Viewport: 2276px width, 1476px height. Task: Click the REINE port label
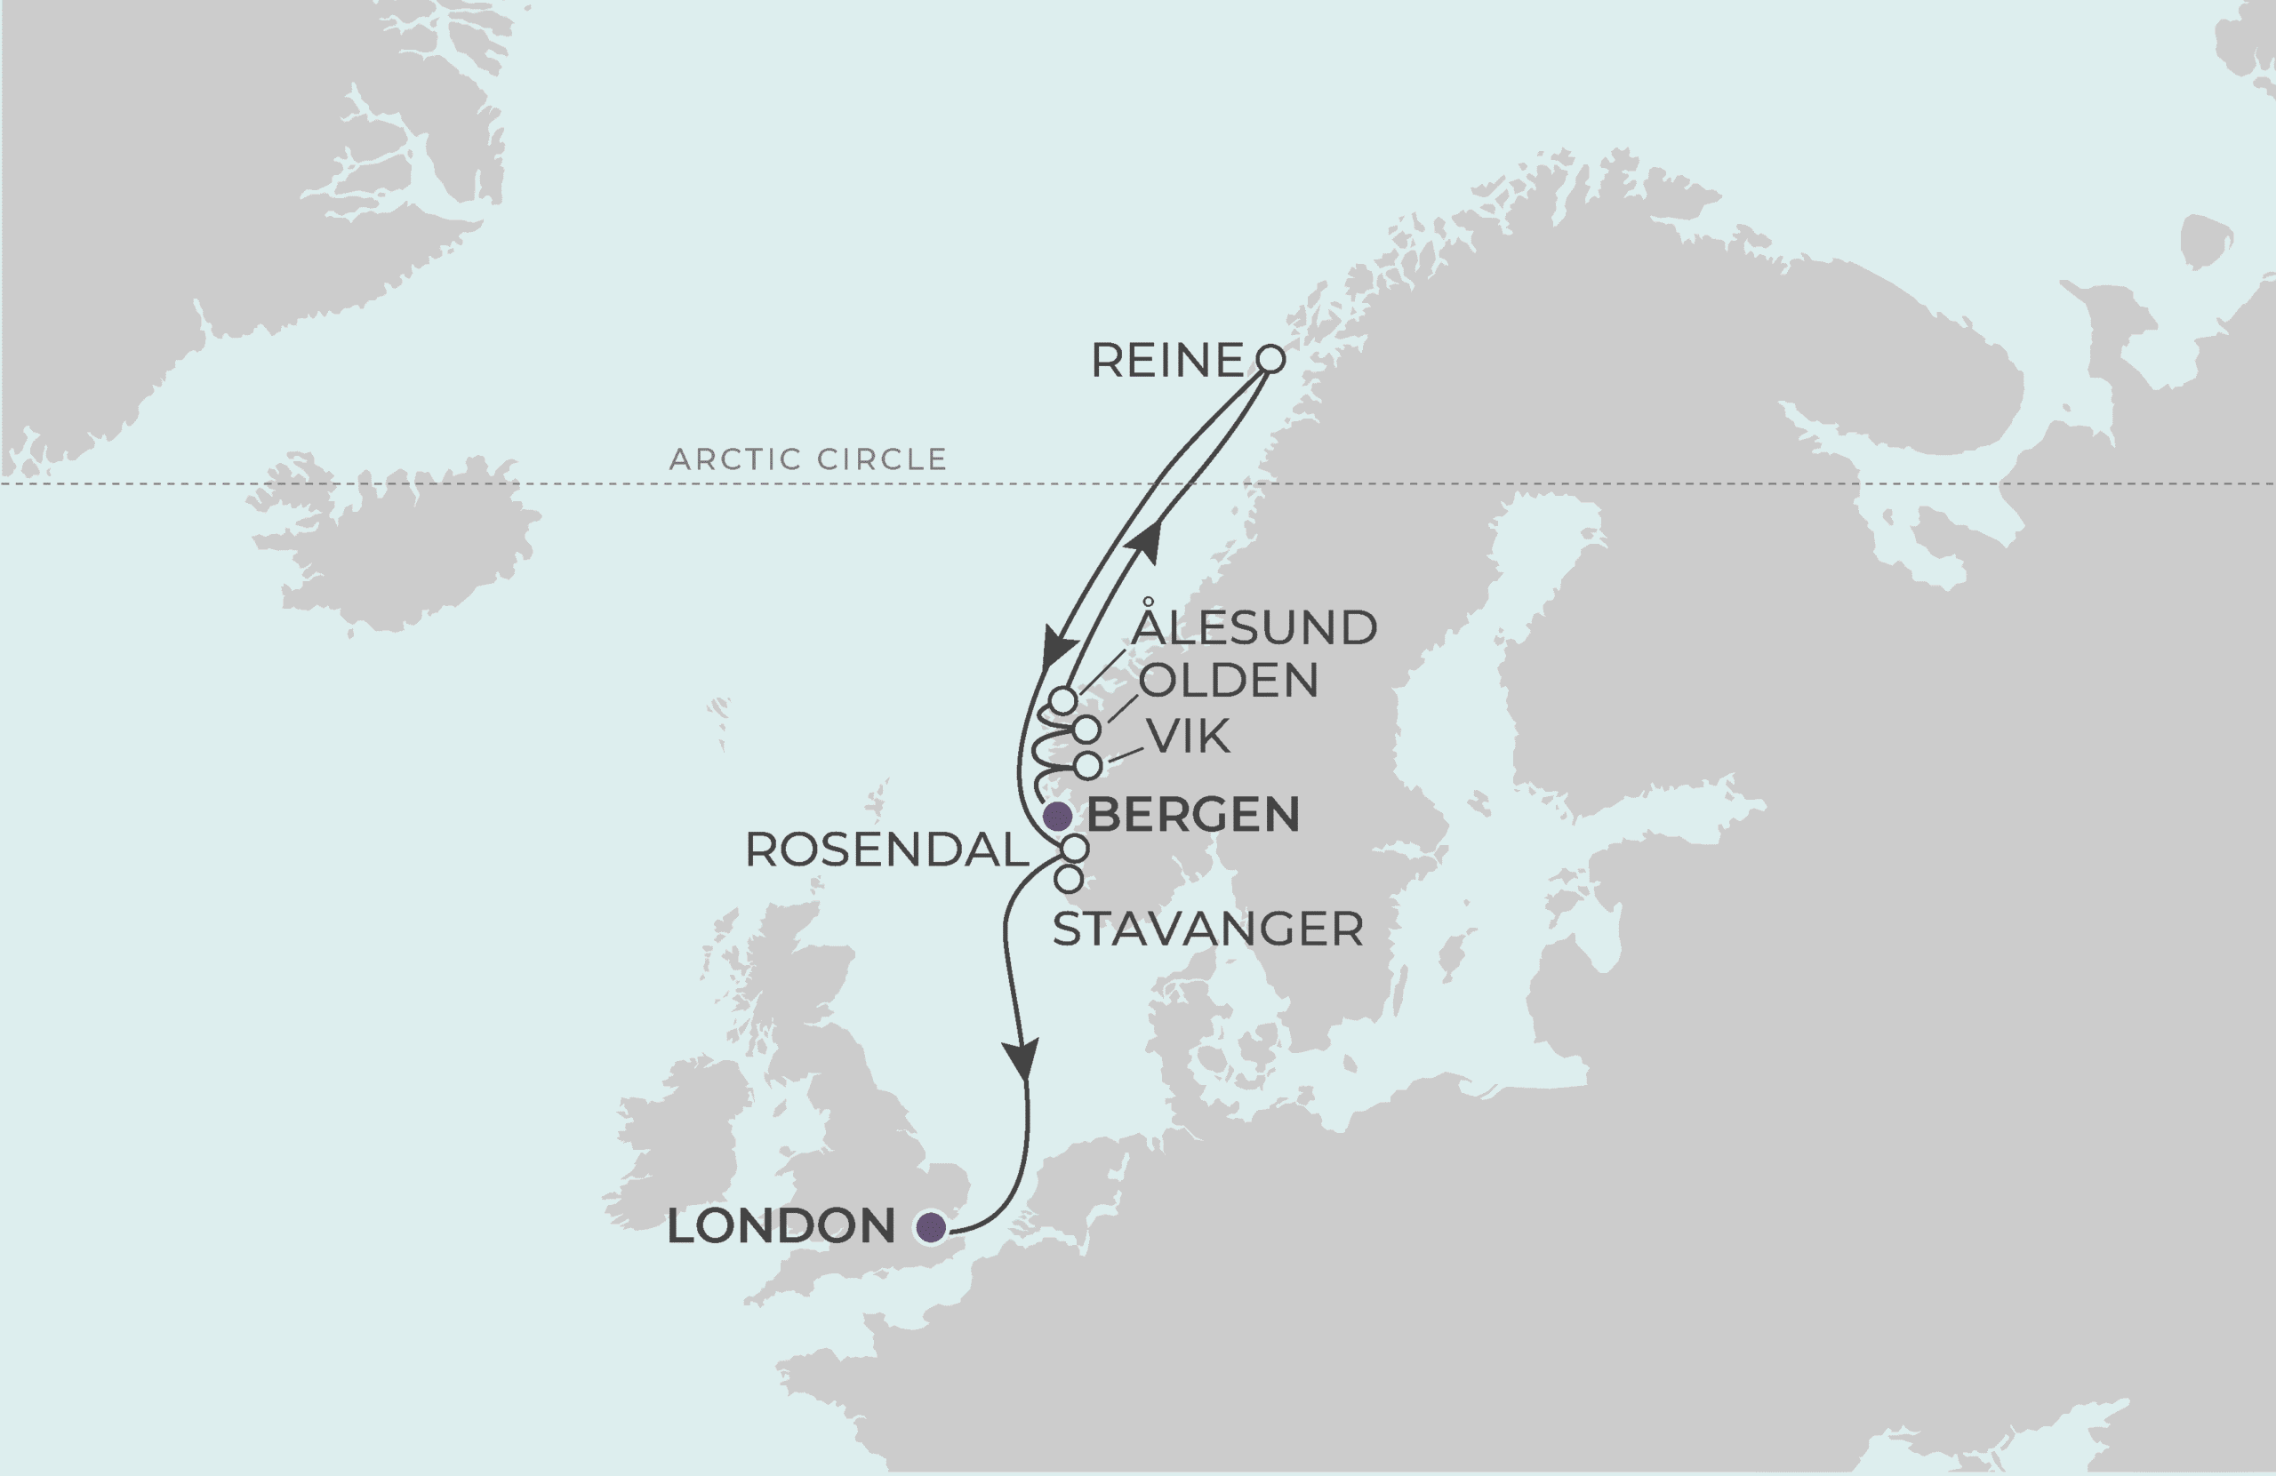1166,361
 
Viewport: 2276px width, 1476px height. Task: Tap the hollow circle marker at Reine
1270,358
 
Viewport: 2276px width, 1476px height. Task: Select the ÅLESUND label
1254,627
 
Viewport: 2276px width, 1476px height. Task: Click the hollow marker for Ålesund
1062,699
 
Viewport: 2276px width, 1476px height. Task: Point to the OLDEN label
1228,681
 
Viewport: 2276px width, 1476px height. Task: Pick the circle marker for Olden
1086,730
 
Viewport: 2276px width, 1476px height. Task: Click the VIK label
1188,736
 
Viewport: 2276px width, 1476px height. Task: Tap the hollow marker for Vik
1088,766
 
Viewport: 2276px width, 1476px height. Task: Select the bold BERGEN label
1192,815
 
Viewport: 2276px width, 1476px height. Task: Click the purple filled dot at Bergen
1057,817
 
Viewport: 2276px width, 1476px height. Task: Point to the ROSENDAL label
886,850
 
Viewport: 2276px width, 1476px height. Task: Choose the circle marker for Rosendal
1075,848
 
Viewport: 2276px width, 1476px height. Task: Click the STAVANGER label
1208,929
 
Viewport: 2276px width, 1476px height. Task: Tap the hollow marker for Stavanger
1070,879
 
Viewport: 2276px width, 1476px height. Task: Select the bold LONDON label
781,1226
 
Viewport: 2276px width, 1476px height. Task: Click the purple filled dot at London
931,1226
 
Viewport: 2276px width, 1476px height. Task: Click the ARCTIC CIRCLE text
807,459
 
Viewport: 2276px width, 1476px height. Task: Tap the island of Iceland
402,545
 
